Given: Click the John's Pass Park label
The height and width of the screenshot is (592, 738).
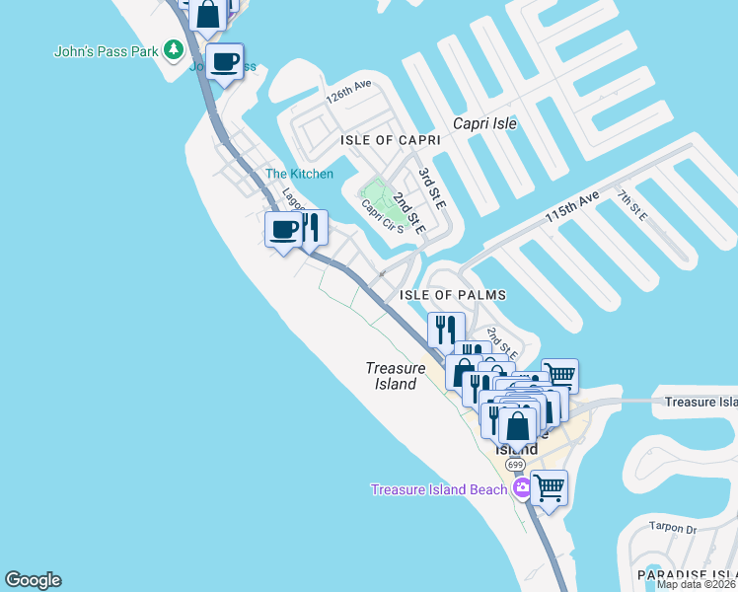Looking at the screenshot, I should [106, 50].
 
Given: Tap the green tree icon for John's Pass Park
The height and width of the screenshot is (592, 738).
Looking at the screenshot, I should [175, 49].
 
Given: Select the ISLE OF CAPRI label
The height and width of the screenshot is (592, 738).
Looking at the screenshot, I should [390, 141].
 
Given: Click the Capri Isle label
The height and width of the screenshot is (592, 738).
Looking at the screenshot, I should [484, 123].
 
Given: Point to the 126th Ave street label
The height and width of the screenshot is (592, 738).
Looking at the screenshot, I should [348, 94].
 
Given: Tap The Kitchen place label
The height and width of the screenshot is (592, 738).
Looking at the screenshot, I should [299, 175].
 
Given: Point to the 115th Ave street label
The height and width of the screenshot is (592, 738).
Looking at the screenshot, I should [571, 209].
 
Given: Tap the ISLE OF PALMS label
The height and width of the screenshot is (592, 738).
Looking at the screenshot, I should [453, 295].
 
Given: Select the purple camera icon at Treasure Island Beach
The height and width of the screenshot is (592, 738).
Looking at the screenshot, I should [520, 487].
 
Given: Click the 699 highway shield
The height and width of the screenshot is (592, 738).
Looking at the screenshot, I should [514, 464].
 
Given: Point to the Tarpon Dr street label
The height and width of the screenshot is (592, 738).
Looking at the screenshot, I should [677, 530].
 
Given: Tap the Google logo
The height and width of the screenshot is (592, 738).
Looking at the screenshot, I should [33, 580].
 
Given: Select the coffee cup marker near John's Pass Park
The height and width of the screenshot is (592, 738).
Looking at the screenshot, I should [225, 62].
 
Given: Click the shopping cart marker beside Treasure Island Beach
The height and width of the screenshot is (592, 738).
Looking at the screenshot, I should [549, 486].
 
